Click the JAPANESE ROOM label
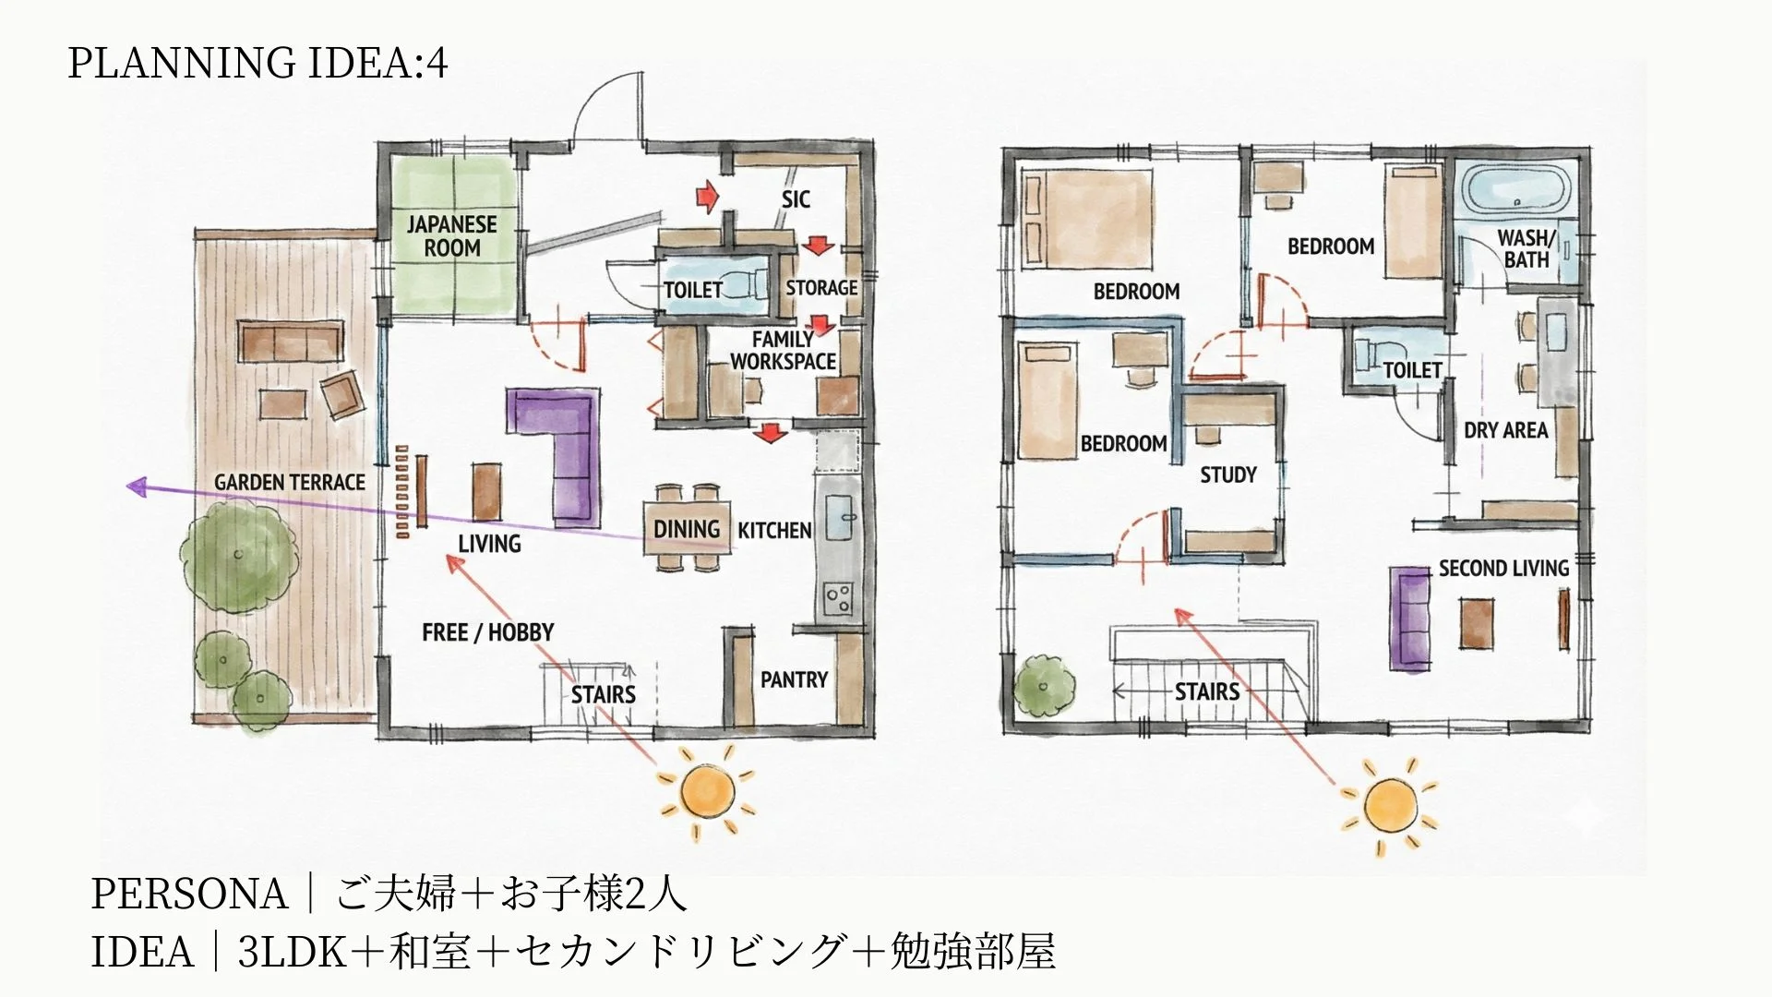pos(451,235)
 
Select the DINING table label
pos(686,529)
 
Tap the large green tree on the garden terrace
pos(239,554)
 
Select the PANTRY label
pos(794,679)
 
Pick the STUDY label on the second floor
pos(1227,474)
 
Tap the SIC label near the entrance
pos(796,198)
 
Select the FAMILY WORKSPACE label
pos(783,351)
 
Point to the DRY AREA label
pos(1505,430)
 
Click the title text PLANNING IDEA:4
pos(257,63)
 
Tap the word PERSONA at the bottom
pos(189,894)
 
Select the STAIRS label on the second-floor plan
pos(1206,691)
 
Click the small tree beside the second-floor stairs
pos(1045,686)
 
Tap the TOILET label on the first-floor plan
pos(692,290)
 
